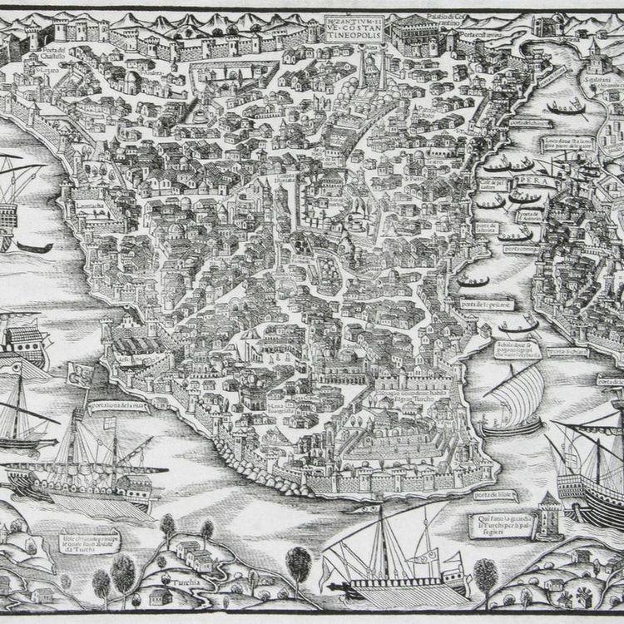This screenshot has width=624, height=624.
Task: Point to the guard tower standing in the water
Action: pyautogui.click(x=550, y=514)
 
